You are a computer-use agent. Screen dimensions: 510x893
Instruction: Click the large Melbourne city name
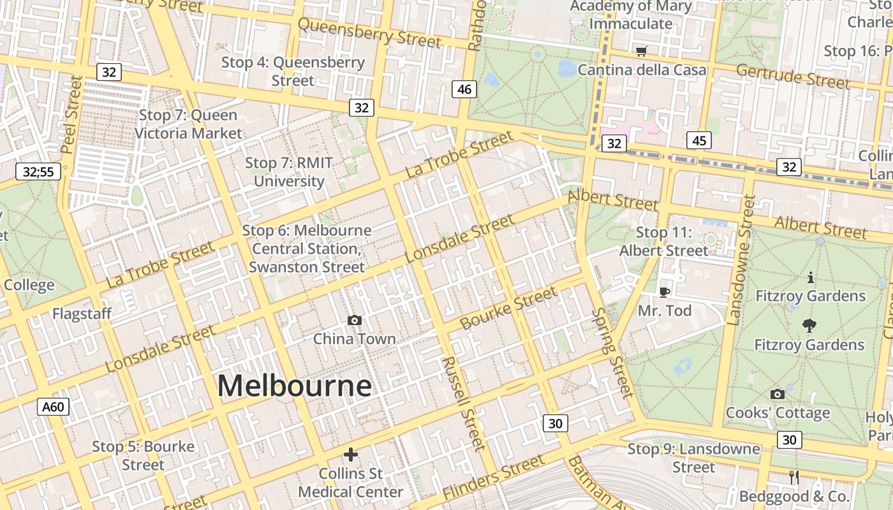(294, 386)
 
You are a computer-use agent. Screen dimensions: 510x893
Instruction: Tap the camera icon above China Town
(354, 320)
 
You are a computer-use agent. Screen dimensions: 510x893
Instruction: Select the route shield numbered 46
(464, 89)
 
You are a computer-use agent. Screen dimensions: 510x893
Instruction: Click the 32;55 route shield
(38, 171)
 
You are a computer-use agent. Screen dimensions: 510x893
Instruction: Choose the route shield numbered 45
(699, 140)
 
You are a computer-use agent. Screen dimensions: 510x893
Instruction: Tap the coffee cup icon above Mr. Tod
(664, 292)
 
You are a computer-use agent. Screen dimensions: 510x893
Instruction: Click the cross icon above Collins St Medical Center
(350, 455)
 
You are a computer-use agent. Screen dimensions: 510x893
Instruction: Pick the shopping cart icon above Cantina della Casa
(641, 51)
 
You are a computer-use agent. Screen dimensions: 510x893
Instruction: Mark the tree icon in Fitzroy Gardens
(809, 326)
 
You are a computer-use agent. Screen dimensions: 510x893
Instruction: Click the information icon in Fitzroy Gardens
(811, 277)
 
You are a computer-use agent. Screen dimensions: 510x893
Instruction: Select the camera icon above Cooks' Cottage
(777, 394)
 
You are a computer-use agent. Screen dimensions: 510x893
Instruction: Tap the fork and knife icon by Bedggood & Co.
(794, 477)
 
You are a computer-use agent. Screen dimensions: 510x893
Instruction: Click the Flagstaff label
(82, 314)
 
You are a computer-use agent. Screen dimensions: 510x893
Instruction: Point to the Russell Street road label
(464, 403)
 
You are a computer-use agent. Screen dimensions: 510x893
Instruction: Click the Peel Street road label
(72, 115)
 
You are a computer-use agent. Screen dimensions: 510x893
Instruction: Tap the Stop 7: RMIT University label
(289, 172)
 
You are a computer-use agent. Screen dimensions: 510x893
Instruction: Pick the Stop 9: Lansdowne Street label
(694, 458)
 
